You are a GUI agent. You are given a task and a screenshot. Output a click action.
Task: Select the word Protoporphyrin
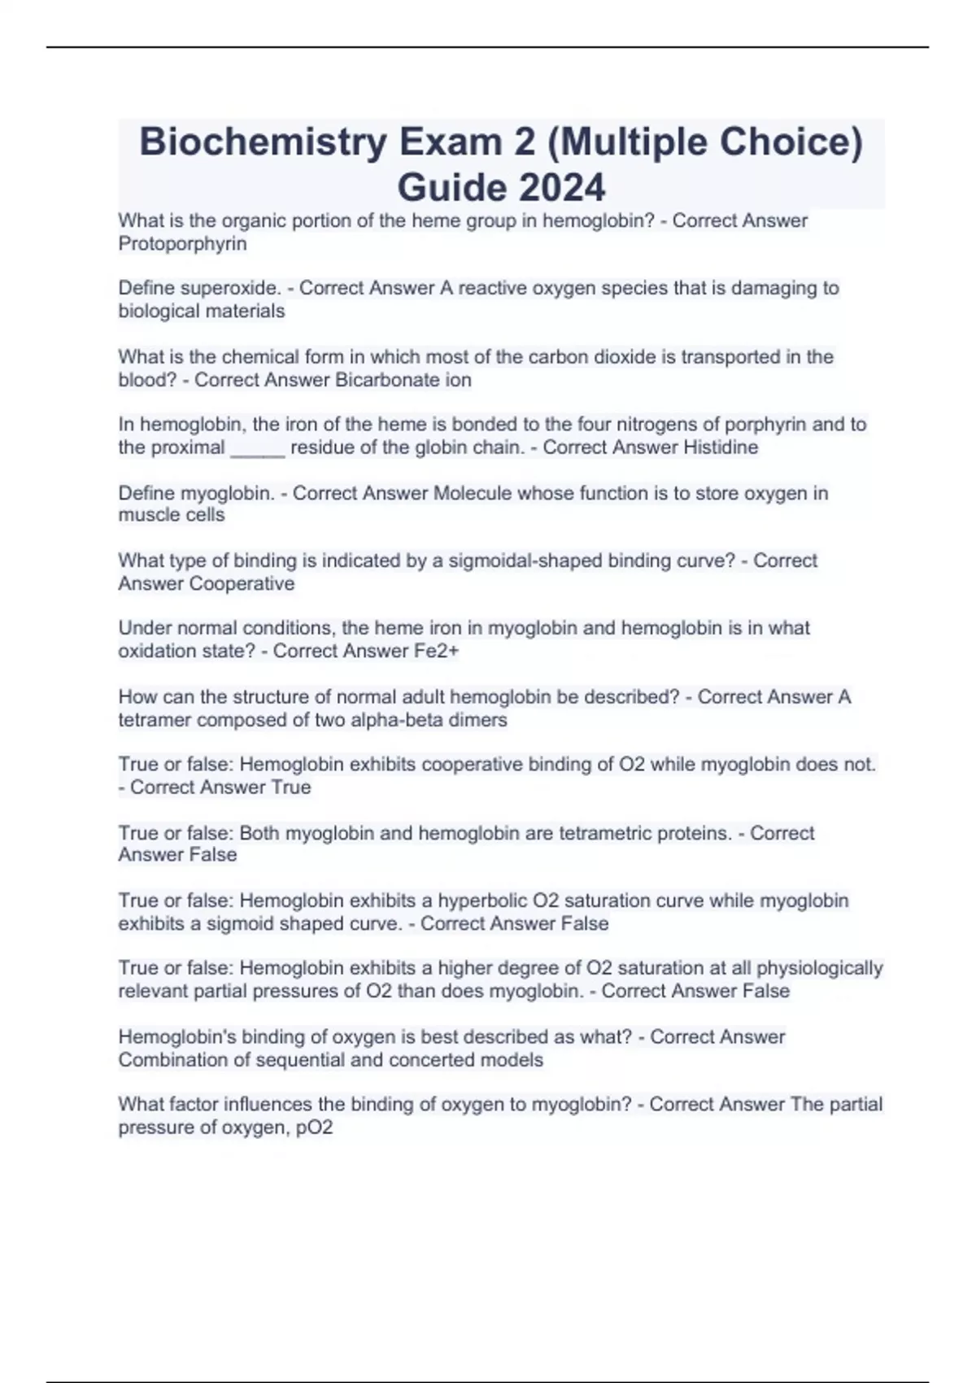[x=182, y=243]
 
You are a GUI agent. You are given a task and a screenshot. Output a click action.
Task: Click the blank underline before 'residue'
[x=258, y=447]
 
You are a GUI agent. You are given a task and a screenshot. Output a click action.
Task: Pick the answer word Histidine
[x=721, y=447]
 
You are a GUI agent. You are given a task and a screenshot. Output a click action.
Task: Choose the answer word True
[x=291, y=787]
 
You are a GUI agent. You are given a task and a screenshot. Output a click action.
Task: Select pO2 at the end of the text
[x=315, y=1128]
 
